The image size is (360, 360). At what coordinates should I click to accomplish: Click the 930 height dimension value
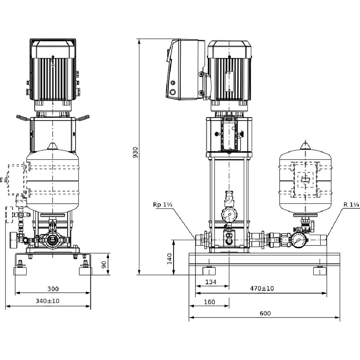[x=135, y=152]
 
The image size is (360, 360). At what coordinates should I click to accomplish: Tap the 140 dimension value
[x=170, y=259]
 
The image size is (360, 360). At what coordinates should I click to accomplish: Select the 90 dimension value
[x=104, y=265]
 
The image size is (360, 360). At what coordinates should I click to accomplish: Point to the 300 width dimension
[x=53, y=289]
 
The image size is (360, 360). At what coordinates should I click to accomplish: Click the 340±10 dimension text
[x=48, y=301]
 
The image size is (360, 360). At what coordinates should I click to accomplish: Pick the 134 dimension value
[x=211, y=282]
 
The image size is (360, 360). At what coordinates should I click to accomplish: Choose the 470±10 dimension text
[x=262, y=288]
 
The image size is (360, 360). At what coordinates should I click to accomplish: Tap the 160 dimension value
[x=210, y=302]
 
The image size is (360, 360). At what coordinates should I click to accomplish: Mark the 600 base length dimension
[x=265, y=314]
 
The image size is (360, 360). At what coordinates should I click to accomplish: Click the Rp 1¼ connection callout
[x=163, y=205]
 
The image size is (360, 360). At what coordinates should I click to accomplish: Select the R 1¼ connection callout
[x=351, y=204]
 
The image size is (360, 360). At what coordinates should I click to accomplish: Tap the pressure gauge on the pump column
[x=229, y=215]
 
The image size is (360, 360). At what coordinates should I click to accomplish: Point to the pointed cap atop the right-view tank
[x=305, y=145]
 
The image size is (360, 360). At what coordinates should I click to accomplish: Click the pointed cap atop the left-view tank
[x=53, y=146]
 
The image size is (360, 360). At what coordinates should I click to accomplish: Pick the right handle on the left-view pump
[x=84, y=117]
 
